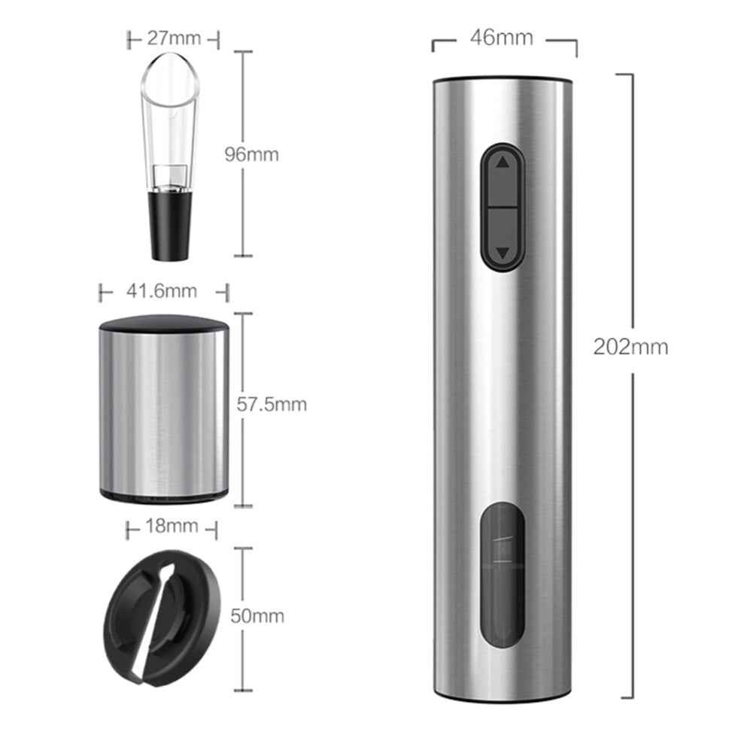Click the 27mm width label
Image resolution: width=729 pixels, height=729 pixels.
pyautogui.click(x=174, y=38)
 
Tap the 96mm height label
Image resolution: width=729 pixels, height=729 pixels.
pyautogui.click(x=251, y=154)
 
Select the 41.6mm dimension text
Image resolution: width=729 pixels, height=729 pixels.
pyautogui.click(x=161, y=291)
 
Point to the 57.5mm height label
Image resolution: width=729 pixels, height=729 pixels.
pyautogui.click(x=272, y=405)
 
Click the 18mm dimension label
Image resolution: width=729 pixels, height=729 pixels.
pyautogui.click(x=172, y=526)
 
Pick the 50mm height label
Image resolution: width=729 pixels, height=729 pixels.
pyautogui.click(x=257, y=616)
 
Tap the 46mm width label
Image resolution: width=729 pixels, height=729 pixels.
pyautogui.click(x=501, y=38)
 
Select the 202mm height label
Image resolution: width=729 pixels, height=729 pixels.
pyautogui.click(x=630, y=347)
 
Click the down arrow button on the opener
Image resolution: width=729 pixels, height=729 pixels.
pyautogui.click(x=502, y=238)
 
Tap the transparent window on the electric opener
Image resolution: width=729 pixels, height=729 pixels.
pyautogui.click(x=502, y=574)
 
